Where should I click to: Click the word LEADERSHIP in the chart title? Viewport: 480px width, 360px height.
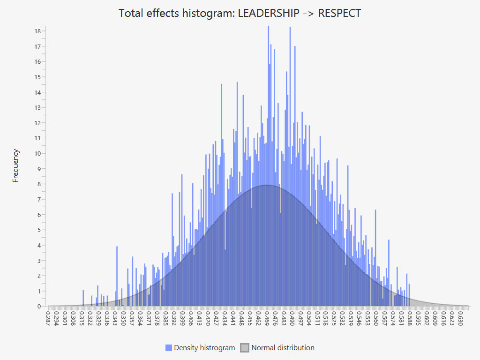[269, 13]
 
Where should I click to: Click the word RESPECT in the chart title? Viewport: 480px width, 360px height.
[340, 13]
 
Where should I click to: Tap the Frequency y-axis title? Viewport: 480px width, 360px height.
[16, 165]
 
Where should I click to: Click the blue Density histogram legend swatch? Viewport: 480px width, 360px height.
[169, 348]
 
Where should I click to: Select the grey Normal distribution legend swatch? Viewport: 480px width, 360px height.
[245, 348]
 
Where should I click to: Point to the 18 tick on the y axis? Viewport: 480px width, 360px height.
[37, 31]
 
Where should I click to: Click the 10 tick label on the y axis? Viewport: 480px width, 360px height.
[37, 153]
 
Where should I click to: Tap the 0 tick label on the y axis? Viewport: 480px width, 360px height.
[39, 306]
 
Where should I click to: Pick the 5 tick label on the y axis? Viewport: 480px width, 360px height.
[39, 230]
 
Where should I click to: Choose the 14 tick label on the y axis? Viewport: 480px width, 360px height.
[37, 92]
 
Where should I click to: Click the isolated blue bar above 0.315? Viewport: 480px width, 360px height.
[83, 298]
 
